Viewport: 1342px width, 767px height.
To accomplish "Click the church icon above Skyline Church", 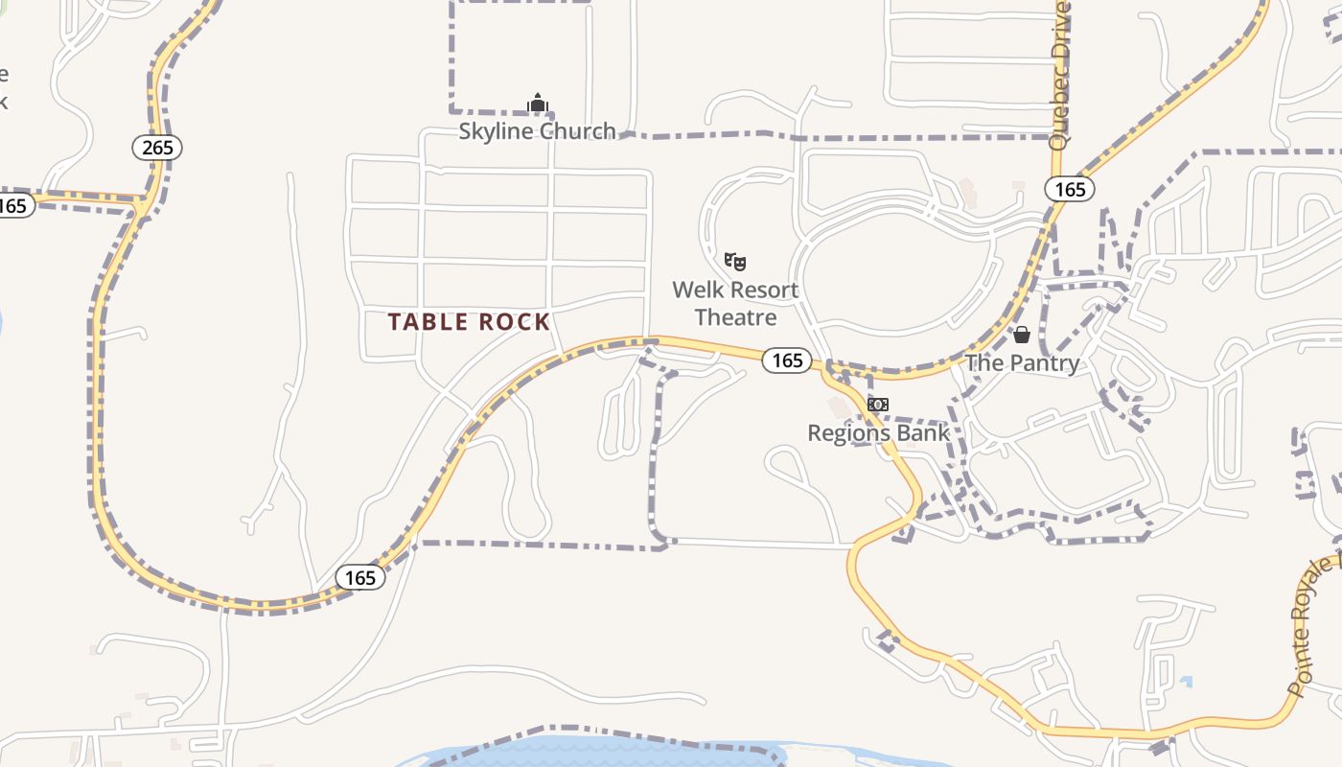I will pyautogui.click(x=538, y=103).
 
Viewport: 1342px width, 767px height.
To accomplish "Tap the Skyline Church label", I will pyautogui.click(x=537, y=130).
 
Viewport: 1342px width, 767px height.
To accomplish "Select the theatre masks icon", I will pyautogui.click(x=735, y=261).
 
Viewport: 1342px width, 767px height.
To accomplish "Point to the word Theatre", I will pyautogui.click(x=735, y=316).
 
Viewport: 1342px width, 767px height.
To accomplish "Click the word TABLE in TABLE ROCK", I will pyautogui.click(x=429, y=322).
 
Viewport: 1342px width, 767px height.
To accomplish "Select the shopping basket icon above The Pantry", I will pyautogui.click(x=1022, y=335).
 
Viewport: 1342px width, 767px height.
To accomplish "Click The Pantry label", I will pyautogui.click(x=1022, y=362).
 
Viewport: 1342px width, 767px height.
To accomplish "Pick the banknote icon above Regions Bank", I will pyautogui.click(x=878, y=405).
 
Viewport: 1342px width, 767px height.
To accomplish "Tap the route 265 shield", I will pyautogui.click(x=157, y=147).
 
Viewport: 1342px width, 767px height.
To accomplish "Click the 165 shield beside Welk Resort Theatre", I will pyautogui.click(x=787, y=360).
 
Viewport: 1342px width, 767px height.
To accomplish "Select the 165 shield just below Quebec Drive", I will pyautogui.click(x=1070, y=189).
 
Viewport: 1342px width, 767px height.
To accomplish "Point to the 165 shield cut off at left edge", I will pyautogui.click(x=13, y=205).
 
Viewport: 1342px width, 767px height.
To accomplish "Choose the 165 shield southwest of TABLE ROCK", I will pyautogui.click(x=360, y=577).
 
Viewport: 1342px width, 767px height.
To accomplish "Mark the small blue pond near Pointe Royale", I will pyautogui.click(x=1187, y=683).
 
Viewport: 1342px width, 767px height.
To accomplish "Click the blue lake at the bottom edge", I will pyautogui.click(x=594, y=752).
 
